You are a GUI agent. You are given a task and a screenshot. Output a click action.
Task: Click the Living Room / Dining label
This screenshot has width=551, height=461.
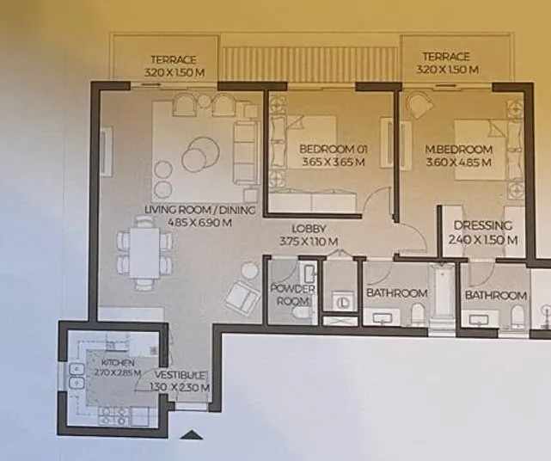pyautogui.click(x=188, y=210)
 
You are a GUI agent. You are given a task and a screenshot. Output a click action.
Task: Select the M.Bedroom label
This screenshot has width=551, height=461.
pyautogui.click(x=460, y=150)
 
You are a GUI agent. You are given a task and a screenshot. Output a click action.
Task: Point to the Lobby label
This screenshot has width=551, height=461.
pyautogui.click(x=307, y=229)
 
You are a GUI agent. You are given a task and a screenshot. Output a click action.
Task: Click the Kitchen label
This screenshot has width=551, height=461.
pyautogui.click(x=111, y=363)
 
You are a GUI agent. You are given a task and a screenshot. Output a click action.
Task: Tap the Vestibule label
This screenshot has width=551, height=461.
pyautogui.click(x=181, y=376)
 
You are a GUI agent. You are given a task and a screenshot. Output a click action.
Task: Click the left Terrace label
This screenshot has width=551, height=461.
pyautogui.click(x=174, y=59)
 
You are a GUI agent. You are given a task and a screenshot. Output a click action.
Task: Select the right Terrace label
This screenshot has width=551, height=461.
pyautogui.click(x=445, y=57)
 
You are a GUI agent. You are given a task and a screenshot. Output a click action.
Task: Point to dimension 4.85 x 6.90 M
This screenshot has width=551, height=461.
pyautogui.click(x=188, y=223)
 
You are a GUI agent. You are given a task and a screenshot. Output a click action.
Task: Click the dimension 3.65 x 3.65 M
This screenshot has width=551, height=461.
pyautogui.click(x=333, y=161)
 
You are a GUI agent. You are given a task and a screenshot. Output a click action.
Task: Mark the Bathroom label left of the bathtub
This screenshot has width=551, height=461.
pyautogui.click(x=396, y=293)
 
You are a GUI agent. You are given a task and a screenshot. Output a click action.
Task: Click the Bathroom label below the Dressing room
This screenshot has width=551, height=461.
pyautogui.click(x=496, y=295)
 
